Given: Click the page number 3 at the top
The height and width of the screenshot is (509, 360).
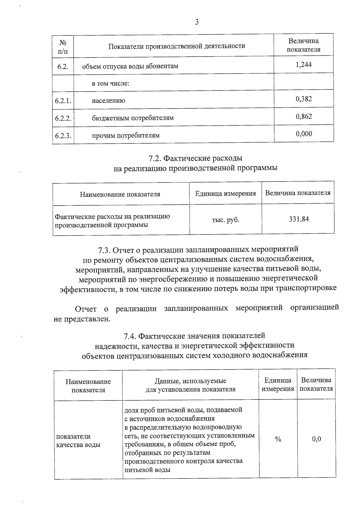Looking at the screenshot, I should point(197,22).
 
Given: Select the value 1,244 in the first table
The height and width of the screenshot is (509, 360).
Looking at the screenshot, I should point(304,64).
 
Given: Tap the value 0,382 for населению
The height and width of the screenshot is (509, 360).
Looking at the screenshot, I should point(304,99).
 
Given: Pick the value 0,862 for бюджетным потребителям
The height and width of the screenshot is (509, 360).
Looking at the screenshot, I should point(304,116).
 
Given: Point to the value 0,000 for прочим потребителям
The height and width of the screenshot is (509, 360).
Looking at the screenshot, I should point(304,133).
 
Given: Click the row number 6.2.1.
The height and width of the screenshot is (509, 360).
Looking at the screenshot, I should point(63,100).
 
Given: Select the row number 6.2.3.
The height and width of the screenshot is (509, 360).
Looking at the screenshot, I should point(63,135).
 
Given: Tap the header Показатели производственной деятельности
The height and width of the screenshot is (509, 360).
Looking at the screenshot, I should point(177,46).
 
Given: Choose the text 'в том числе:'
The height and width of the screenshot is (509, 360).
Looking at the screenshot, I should point(110,83).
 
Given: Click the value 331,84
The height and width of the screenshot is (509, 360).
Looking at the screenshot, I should point(299,219).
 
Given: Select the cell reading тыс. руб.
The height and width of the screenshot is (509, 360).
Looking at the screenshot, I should point(226,220).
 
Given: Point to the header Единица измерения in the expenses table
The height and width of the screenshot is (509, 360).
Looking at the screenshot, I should point(226,193).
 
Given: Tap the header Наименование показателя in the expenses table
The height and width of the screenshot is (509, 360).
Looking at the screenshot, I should point(120,194).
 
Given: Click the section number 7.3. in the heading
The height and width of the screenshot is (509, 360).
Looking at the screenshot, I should point(105,250).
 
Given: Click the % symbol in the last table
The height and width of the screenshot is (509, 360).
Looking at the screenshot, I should point(278,439).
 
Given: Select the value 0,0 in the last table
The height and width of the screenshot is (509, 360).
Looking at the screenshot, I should point(316,439).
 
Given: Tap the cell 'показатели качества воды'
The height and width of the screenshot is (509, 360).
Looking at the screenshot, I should point(78,441).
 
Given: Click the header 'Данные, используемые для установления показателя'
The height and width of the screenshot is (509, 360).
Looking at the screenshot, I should point(190,385).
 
